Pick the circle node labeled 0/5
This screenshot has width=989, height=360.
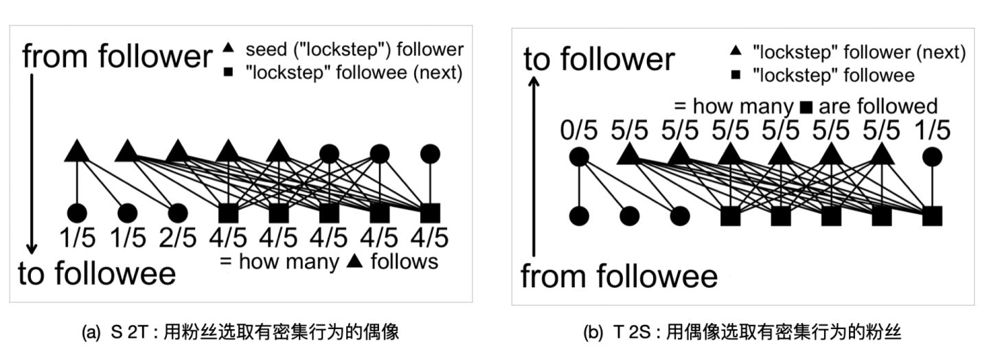[x=579, y=157]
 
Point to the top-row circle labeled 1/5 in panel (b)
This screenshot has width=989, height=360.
[x=931, y=157]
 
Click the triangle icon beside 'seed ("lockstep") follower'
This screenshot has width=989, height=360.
[x=229, y=48]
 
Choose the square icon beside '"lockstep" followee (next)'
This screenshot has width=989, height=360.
[x=229, y=72]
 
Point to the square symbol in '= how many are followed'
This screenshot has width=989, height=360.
[x=806, y=106]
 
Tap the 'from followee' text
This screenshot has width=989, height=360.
[x=618, y=276]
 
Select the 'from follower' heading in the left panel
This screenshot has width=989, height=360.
[x=117, y=56]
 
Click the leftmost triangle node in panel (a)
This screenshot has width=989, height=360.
[x=76, y=150]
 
